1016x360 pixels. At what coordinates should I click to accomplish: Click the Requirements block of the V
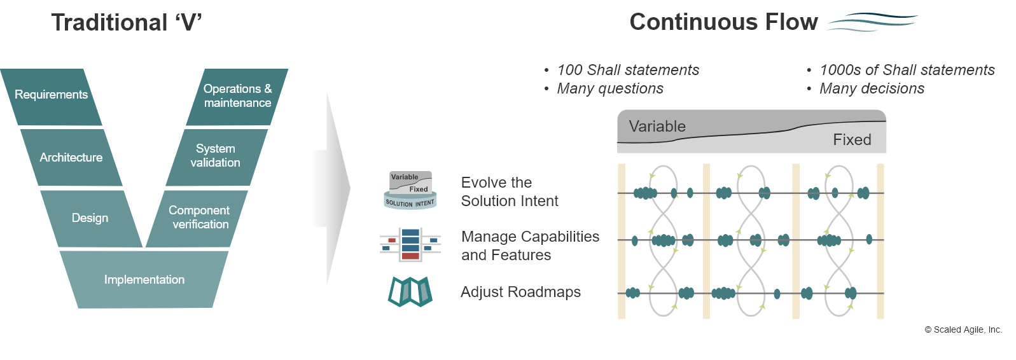51,95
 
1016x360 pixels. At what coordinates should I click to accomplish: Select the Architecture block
71,158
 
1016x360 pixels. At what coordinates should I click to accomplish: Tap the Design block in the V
90,218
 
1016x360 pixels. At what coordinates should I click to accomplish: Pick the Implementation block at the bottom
144,280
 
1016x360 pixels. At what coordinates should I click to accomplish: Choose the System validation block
216,156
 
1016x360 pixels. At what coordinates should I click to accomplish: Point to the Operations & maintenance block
237,96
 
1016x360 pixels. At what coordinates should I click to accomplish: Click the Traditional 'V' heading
127,23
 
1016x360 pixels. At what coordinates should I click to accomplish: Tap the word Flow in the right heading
791,22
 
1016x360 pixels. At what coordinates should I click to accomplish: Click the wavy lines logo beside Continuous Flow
873,22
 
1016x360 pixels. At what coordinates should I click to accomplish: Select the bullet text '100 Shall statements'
628,70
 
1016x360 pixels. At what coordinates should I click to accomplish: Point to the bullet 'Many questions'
610,88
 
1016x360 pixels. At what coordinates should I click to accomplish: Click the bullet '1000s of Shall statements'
907,70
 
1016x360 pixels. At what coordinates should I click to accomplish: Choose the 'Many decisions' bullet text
872,88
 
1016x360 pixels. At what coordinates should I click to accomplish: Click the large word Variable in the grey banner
657,126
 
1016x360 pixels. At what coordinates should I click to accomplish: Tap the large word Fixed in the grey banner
852,140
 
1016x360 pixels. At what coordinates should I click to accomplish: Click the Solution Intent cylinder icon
410,190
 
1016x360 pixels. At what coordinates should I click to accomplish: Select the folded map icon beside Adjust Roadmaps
410,291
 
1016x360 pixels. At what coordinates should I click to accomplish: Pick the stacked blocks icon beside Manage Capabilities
410,244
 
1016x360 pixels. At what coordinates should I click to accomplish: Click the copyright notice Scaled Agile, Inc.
963,329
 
